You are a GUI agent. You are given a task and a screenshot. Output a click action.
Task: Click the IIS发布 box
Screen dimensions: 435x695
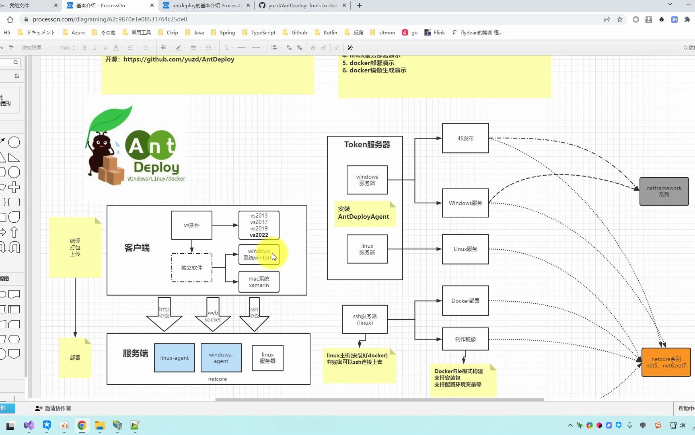tap(465, 138)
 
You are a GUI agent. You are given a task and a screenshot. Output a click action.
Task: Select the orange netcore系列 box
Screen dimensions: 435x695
tap(666, 362)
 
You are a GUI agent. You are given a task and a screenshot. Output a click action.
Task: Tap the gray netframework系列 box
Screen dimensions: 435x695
tap(664, 191)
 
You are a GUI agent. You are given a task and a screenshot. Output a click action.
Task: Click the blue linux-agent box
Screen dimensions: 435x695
tap(175, 358)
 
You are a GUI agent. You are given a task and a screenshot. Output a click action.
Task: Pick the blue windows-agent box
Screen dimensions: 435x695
tap(221, 358)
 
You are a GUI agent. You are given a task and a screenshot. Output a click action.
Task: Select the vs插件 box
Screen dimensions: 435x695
tap(192, 225)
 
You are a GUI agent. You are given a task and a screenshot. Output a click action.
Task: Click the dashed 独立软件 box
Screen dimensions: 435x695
tap(192, 267)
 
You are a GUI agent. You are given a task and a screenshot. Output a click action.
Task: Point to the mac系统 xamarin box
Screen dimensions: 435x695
tap(259, 282)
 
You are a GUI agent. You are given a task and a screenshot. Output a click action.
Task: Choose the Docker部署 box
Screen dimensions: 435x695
tap(465, 301)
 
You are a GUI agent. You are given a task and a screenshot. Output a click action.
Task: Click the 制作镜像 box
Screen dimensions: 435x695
tap(465, 339)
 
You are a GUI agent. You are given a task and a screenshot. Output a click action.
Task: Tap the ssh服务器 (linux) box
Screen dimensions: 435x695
tap(365, 319)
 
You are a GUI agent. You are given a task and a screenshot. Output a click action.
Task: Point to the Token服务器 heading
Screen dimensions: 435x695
tap(367, 145)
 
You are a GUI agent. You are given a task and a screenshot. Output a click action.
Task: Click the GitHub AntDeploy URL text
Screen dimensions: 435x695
tap(179, 59)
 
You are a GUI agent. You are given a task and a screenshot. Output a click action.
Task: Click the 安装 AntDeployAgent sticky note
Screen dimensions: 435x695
tap(363, 213)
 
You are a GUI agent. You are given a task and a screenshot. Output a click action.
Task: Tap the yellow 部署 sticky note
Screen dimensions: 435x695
tap(75, 358)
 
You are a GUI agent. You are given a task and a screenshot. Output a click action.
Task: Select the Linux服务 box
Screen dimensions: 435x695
tap(465, 249)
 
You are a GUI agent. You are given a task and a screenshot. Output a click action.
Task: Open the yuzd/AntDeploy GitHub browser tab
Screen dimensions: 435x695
tap(302, 6)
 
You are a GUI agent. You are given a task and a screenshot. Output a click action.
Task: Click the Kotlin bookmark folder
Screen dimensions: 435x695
tap(330, 33)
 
